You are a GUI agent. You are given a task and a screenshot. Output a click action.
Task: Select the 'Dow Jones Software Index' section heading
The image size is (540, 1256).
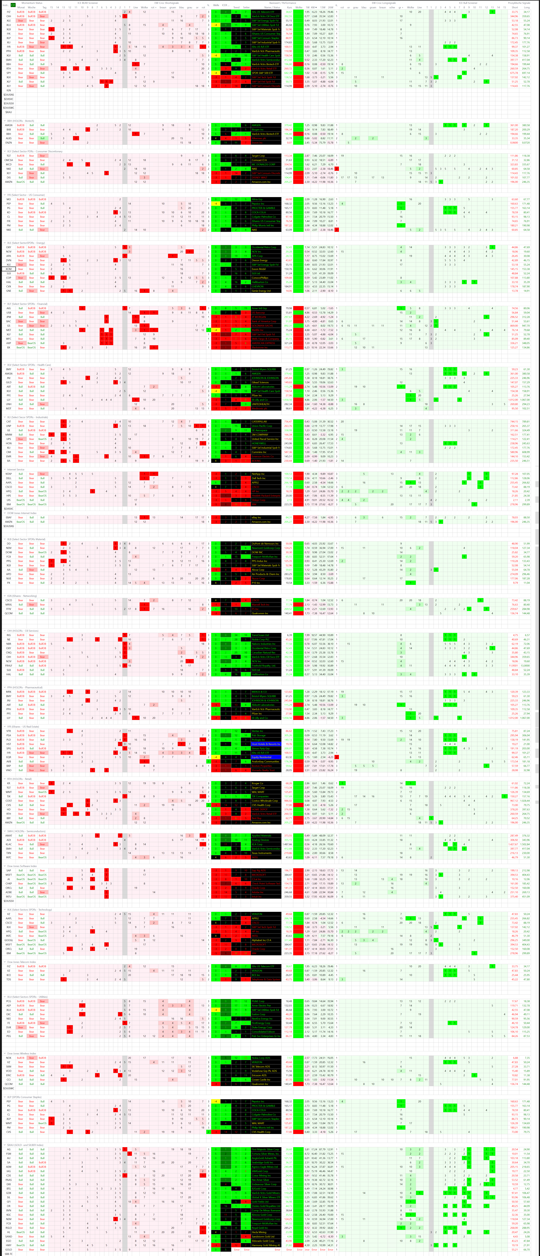coord(22,866)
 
